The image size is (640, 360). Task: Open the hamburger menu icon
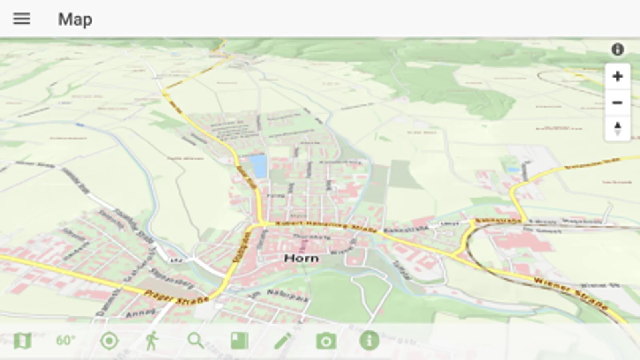[x=22, y=19]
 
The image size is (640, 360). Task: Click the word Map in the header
[x=75, y=19]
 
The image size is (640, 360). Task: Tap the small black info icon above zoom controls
[x=617, y=50]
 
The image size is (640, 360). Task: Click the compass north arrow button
[x=617, y=128]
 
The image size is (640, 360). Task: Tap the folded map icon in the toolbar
[x=22, y=341]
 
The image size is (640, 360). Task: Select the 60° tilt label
[x=65, y=341]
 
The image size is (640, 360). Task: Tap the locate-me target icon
[x=109, y=341]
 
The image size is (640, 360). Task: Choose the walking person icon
[x=152, y=341]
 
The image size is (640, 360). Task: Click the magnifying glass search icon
[x=196, y=341]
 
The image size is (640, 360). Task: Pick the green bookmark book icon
[x=239, y=341]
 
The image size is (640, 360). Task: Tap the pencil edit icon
[x=283, y=341]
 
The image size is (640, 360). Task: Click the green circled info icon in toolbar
[x=369, y=341]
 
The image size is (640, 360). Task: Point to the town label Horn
[x=301, y=258]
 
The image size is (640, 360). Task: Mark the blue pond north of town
[x=259, y=166]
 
